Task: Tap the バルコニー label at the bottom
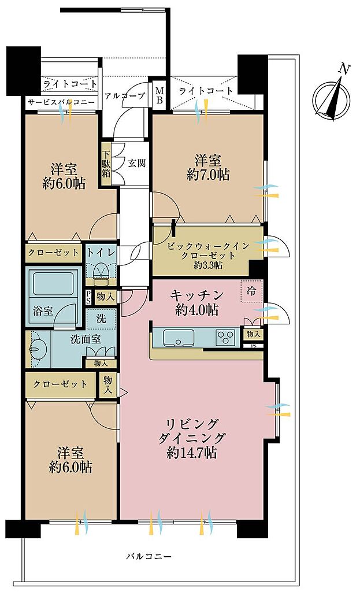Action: (149, 556)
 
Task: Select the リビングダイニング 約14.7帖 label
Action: (192, 438)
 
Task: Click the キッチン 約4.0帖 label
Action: (196, 302)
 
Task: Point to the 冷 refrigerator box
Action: (251, 291)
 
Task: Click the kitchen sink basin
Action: (179, 337)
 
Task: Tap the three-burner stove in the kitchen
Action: (226, 337)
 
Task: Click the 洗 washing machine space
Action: (101, 319)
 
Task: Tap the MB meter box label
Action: (159, 95)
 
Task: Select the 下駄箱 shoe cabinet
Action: (106, 164)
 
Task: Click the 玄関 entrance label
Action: (136, 163)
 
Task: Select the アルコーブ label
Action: (125, 96)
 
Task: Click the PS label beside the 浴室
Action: (88, 297)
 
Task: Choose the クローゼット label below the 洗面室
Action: (60, 384)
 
